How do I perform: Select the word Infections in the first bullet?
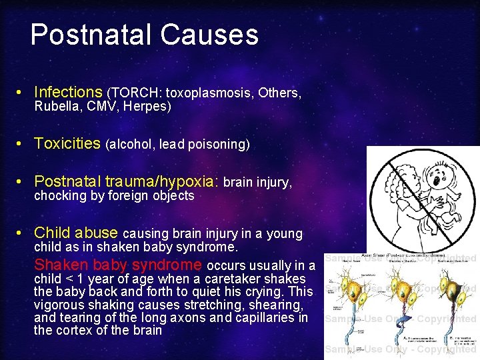tap(67, 92)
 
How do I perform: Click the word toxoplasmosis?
tap(206, 93)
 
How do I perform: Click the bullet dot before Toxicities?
tap(22, 144)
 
